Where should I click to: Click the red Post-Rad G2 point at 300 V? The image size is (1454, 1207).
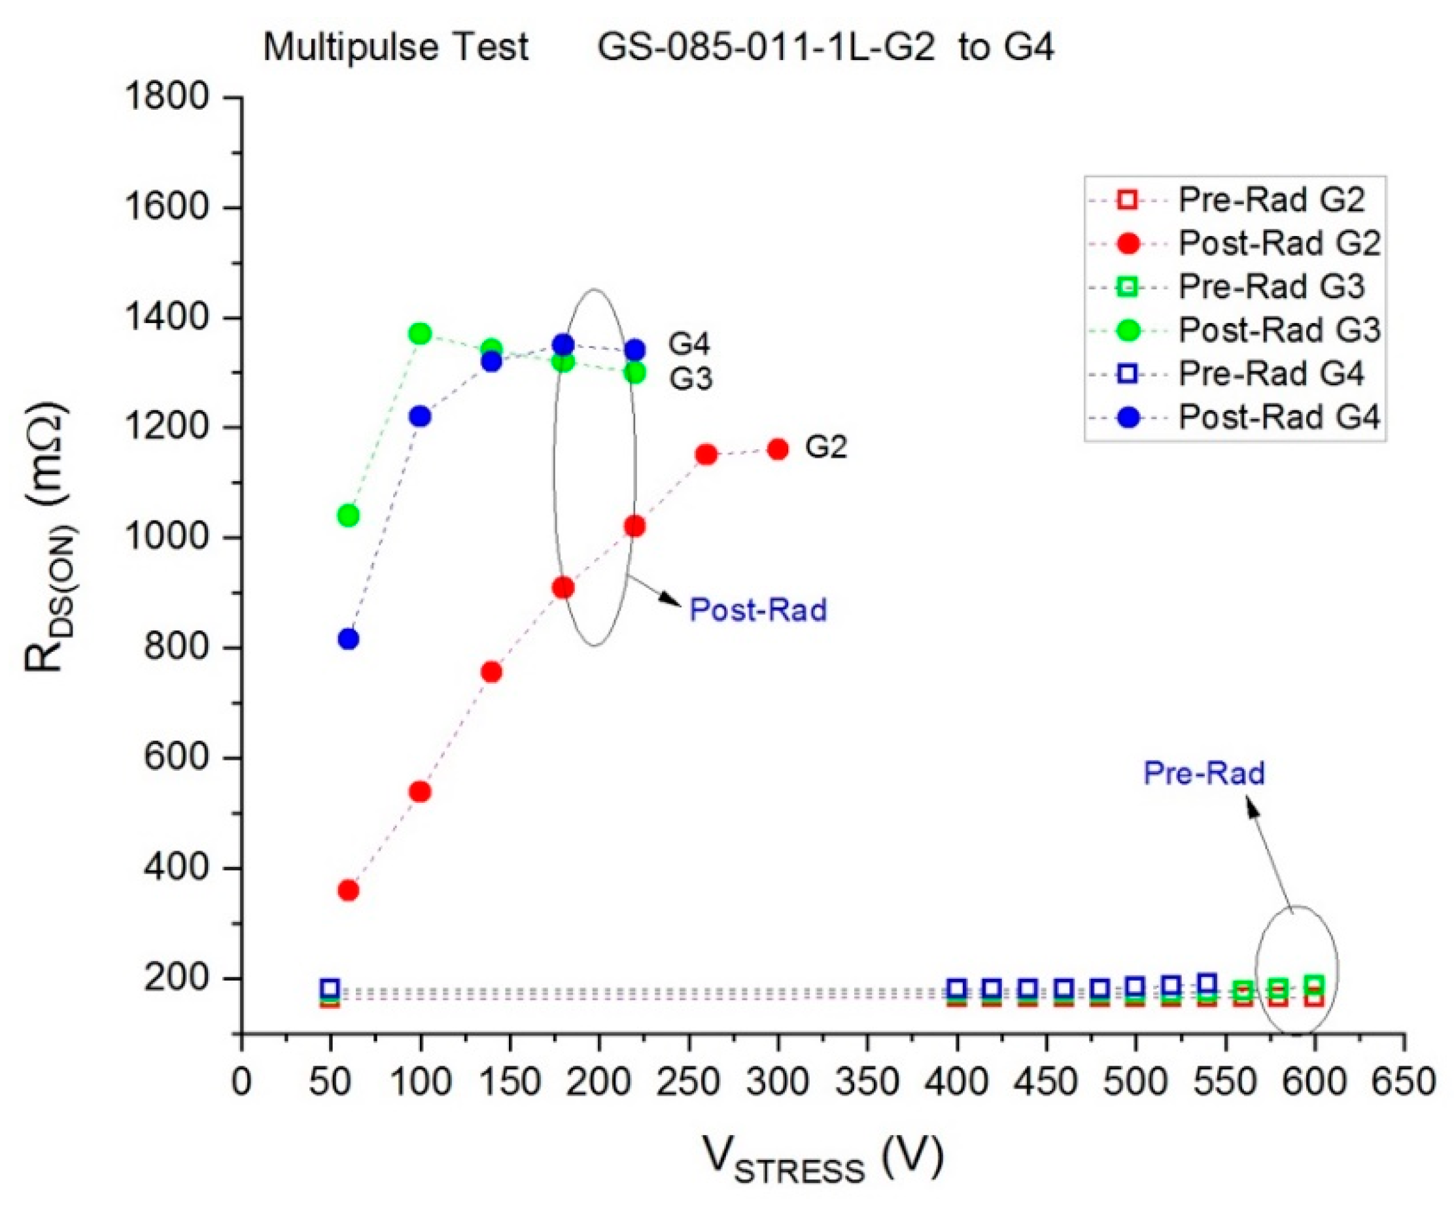pyautogui.click(x=778, y=449)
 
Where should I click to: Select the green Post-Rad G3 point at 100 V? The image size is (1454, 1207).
pyautogui.click(x=419, y=333)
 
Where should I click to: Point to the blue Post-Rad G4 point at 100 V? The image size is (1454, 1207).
pyautogui.click(x=419, y=416)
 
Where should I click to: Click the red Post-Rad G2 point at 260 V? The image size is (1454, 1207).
pyautogui.click(x=706, y=454)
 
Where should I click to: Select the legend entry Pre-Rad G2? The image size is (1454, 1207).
pyautogui.click(x=1270, y=200)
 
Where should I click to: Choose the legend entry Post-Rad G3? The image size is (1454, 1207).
pyautogui.click(x=1279, y=330)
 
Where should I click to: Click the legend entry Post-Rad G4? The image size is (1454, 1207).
pyautogui.click(x=1279, y=417)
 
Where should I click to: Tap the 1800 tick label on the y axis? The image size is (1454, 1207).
pyautogui.click(x=166, y=97)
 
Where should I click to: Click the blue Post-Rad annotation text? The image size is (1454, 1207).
pyautogui.click(x=758, y=611)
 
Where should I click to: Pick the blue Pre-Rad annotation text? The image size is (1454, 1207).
pyautogui.click(x=1203, y=773)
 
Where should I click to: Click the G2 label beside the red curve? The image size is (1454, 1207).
pyautogui.click(x=825, y=448)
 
